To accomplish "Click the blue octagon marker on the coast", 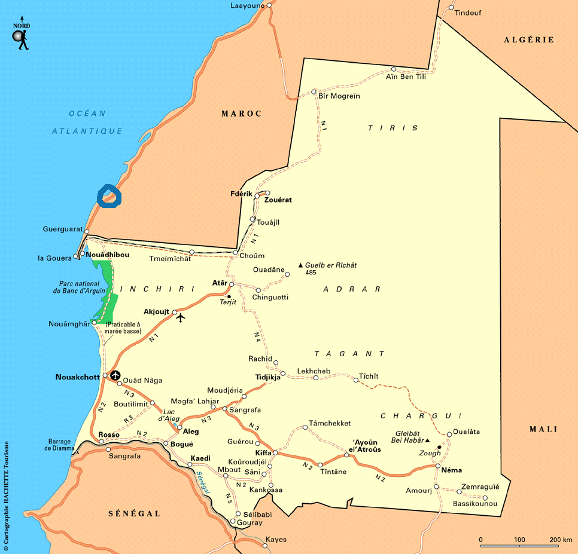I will point(109,196).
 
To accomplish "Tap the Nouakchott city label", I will point(78,377).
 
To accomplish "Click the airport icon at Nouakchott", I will point(115,376).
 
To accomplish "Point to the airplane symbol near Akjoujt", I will point(181,317).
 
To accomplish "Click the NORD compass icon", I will point(22,34).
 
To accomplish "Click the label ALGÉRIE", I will point(528,40).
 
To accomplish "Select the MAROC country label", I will point(241,114).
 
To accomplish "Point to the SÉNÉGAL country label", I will point(134,513).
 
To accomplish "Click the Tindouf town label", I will point(468,13).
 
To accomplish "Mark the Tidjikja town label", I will point(267,378).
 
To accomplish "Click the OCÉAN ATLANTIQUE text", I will point(87,122).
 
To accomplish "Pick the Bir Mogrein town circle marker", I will point(314,92).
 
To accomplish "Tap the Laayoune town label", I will point(247,5).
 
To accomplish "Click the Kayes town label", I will point(276,540).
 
